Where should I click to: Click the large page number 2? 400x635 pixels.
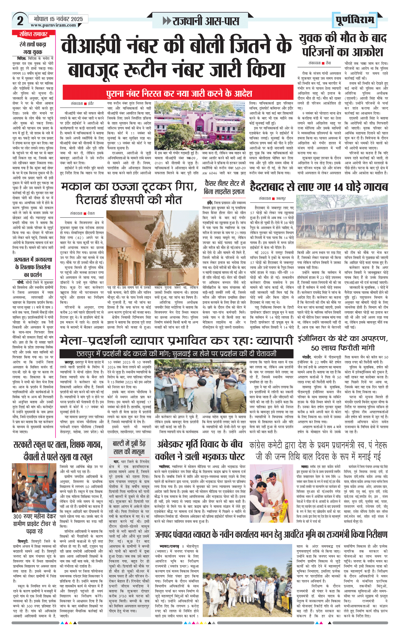point(20,21)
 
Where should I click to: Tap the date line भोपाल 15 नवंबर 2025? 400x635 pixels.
point(58,19)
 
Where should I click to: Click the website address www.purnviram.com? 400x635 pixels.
point(53,25)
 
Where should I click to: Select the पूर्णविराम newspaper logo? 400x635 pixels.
point(355,20)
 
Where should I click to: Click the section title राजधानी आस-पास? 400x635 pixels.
point(201,21)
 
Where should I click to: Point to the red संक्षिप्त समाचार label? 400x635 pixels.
point(33,34)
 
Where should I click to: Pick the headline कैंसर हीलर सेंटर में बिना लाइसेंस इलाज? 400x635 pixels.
point(224,187)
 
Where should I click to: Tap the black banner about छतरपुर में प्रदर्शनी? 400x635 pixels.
point(176,353)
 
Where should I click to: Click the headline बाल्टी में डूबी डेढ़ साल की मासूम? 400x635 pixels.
point(129,448)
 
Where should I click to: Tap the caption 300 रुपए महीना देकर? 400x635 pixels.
point(34,516)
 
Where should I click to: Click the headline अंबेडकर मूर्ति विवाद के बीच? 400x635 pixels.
point(200,450)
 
